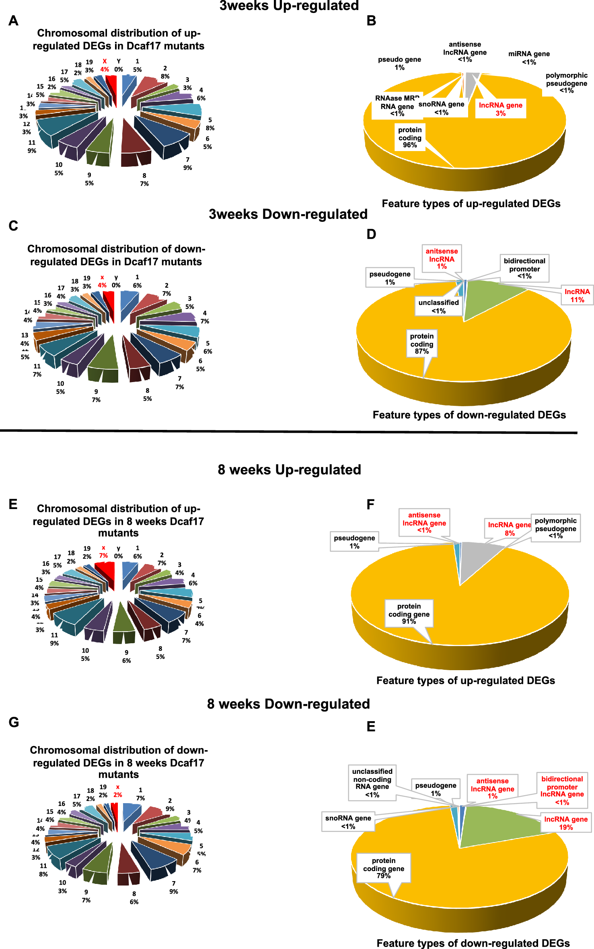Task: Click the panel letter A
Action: pos(13,20)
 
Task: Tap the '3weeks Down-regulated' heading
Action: pos(288,214)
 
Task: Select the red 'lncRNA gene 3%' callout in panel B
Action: pos(500,109)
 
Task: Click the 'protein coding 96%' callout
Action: pos(410,137)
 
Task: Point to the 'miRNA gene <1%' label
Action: pos(528,57)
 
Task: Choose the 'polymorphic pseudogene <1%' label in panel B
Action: pos(566,83)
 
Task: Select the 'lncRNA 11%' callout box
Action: pos(577,296)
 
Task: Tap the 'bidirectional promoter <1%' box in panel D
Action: pos(524,268)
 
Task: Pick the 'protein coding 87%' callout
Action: pos(421,344)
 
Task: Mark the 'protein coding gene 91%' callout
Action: pos(409,614)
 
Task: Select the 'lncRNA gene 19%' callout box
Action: pos(565,823)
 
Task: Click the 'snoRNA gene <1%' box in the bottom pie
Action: pos(348,822)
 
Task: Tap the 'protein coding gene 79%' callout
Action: pos(383,868)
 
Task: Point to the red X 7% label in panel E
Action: pos(103,552)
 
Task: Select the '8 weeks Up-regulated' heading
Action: pos(289,469)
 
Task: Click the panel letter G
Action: pos(14,722)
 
